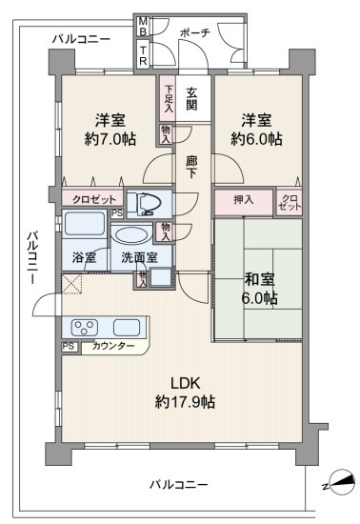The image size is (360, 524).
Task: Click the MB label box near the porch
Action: tap(143, 26)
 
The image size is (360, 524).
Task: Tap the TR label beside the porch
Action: tap(143, 55)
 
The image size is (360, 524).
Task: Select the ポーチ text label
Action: tap(195, 32)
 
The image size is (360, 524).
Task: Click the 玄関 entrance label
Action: tap(191, 98)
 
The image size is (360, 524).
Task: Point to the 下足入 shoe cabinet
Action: tap(168, 98)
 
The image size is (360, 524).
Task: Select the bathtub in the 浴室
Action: tap(85, 224)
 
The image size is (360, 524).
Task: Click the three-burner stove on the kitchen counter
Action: tap(86, 327)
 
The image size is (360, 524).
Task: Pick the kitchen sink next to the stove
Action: tap(127, 327)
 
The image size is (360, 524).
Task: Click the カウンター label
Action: tap(113, 346)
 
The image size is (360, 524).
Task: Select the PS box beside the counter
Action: tap(70, 346)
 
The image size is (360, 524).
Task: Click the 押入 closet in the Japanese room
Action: tap(244, 202)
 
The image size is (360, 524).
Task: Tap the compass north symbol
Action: tap(341, 482)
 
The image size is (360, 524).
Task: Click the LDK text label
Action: tap(186, 383)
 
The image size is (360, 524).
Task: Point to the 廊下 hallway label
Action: tap(192, 168)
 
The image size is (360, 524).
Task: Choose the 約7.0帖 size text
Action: tap(110, 139)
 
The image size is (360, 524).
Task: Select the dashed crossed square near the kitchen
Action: tap(71, 284)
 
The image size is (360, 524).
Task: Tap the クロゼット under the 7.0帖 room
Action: tap(94, 200)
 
